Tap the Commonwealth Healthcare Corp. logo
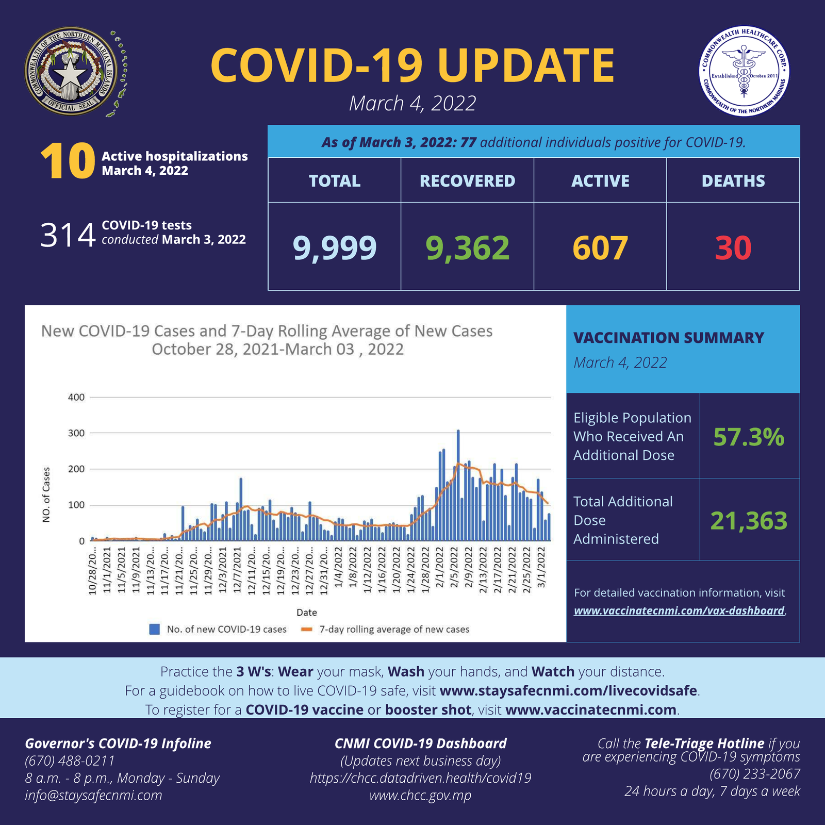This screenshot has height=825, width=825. coord(744,71)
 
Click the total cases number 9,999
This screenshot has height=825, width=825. coord(335,247)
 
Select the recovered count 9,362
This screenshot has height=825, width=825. coord(467,247)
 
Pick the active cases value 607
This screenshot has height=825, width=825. coord(600,247)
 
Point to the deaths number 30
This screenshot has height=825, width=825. coord(733,247)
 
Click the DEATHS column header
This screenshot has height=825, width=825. coord(733,181)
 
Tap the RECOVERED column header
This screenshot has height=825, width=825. coord(467,181)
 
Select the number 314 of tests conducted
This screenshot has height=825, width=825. coord(68,235)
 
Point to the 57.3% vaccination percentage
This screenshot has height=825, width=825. coord(749,437)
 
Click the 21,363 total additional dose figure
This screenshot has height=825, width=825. coord(749,521)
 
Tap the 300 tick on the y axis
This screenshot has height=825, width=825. coord(76,433)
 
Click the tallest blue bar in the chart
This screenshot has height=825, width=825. coord(458,485)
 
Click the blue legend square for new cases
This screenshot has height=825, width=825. coord(154,629)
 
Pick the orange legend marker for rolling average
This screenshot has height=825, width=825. coord(307,629)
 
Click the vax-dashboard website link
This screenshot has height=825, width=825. coord(679,611)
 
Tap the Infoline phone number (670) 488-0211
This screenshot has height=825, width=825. coord(70,761)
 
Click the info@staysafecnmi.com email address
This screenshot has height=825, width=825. coord(93,795)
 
